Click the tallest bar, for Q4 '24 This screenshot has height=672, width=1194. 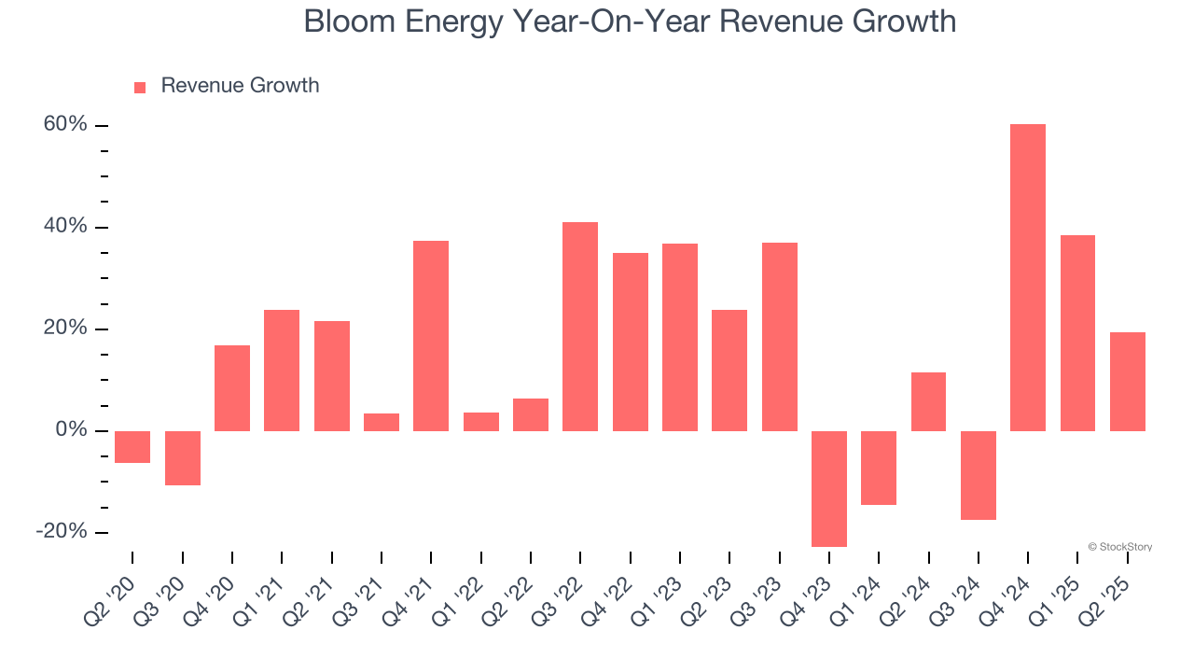tap(1027, 277)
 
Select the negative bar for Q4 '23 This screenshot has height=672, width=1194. tap(828, 488)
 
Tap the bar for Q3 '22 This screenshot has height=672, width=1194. tap(579, 327)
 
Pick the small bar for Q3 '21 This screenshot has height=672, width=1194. tap(381, 422)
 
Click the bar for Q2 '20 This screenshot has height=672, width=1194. tap(132, 446)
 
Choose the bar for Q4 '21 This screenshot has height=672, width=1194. tap(430, 336)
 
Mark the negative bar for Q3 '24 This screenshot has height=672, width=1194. tap(978, 475)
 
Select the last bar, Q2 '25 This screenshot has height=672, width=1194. tap(1127, 381)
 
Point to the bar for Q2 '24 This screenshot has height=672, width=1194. tap(928, 401)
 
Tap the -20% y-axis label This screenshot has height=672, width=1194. tap(62, 531)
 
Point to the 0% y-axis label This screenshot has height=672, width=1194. tap(70, 430)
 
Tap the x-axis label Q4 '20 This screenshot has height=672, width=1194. tap(212, 598)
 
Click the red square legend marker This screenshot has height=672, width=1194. tap(140, 87)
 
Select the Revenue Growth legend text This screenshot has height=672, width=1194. tap(240, 86)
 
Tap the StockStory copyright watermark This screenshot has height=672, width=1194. tap(1119, 547)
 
